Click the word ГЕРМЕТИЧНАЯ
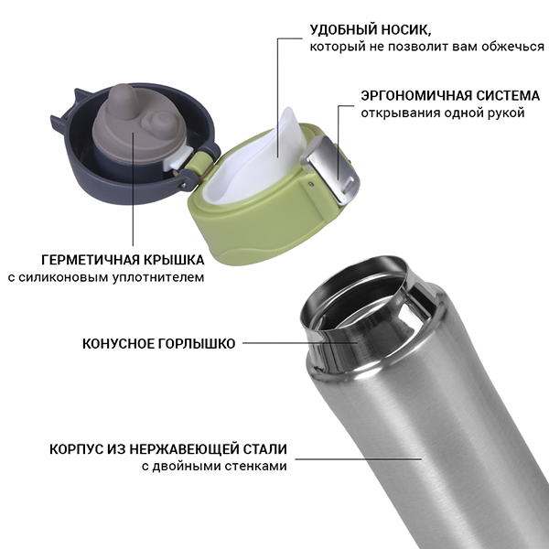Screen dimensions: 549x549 coord(91,260)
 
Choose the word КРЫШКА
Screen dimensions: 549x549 coord(174,260)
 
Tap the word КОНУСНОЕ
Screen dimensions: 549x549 coord(118,343)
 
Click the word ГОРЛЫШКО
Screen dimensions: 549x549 coord(197,343)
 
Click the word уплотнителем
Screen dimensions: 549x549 coord(158,277)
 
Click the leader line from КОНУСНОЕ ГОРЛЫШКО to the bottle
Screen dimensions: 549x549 coord(300,343)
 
